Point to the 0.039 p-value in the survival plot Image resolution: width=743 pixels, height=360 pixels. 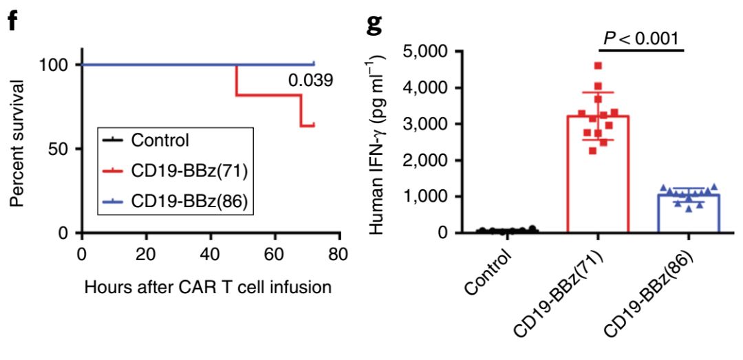point(310,81)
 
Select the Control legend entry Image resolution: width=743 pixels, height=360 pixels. point(160,140)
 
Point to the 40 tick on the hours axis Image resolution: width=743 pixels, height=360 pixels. point(211,253)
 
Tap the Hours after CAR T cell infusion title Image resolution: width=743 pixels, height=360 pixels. point(208,286)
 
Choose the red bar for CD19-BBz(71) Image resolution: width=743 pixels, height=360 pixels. point(598,179)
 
